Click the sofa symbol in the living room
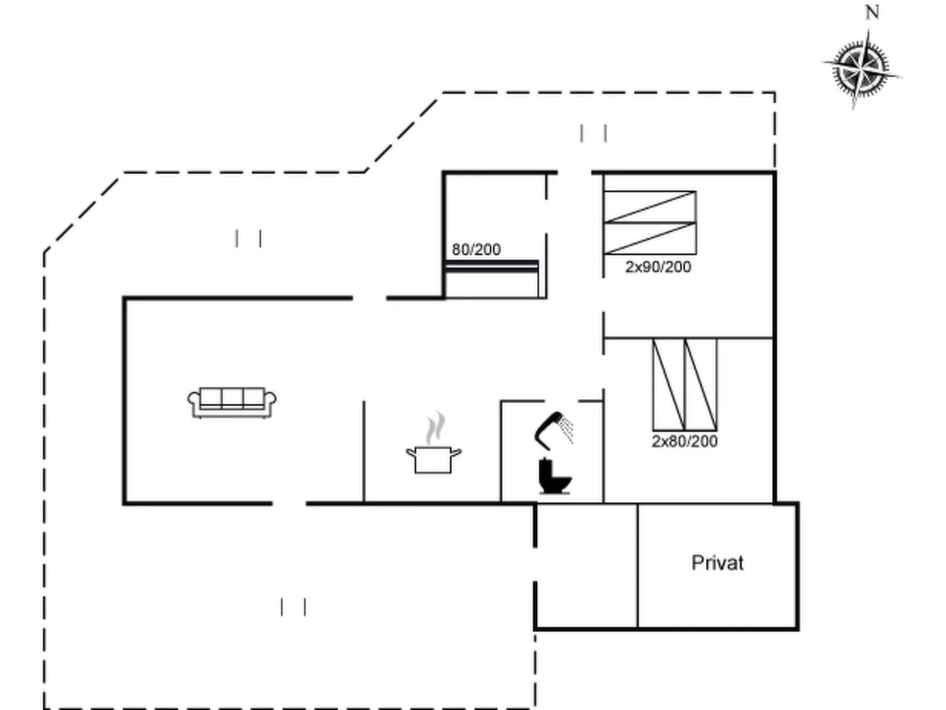pos(232,402)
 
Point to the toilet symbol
pos(555,476)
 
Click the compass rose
pos(861,69)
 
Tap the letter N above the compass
pos(872,13)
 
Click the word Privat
pos(717,563)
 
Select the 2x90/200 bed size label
pos(658,267)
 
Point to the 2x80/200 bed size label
pos(684,441)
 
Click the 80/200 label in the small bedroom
pos(476,250)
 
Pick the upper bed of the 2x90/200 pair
pos(650,207)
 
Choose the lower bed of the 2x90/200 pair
pos(650,239)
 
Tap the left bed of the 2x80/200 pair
pos(669,385)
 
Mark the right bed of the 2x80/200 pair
pos(701,385)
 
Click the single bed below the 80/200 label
pos(492,279)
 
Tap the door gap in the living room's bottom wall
pos(289,503)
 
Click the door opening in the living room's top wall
pos(369,298)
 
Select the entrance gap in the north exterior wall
pos(574,173)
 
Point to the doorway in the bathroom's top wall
pos(561,401)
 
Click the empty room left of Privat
pos(587,566)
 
